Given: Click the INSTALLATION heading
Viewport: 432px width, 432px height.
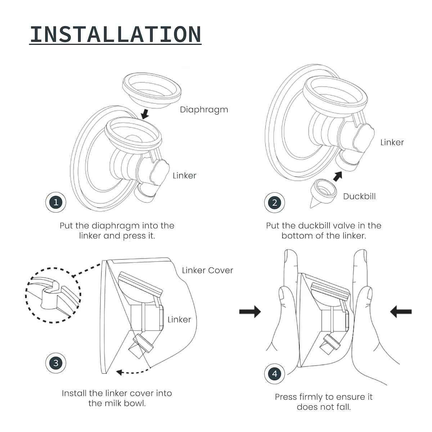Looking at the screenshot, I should pos(115,34).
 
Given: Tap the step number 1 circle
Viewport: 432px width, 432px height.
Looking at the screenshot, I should pos(56,202).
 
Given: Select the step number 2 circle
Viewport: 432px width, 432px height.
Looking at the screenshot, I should pos(275,203).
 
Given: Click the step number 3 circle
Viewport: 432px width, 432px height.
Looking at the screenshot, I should pos(56,363).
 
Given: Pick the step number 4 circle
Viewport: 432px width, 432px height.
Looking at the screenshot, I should pos(275,374).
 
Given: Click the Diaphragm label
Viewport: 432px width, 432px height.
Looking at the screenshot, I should pos(204,109).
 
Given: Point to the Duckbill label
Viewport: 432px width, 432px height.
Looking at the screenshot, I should pos(359,196).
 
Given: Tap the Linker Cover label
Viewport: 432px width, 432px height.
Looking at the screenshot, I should pos(207,270).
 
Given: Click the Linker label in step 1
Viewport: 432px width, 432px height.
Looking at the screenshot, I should pos(184,176).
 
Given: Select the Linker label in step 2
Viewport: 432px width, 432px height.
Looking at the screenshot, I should pos(392,143).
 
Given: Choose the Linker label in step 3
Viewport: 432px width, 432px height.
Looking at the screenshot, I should pos(179,320).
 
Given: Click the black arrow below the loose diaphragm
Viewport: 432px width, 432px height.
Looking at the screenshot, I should pos(145,114).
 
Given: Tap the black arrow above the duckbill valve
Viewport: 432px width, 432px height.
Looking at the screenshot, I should pos(337,176).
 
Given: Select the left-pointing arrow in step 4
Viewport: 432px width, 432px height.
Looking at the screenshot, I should pos(401,311).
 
